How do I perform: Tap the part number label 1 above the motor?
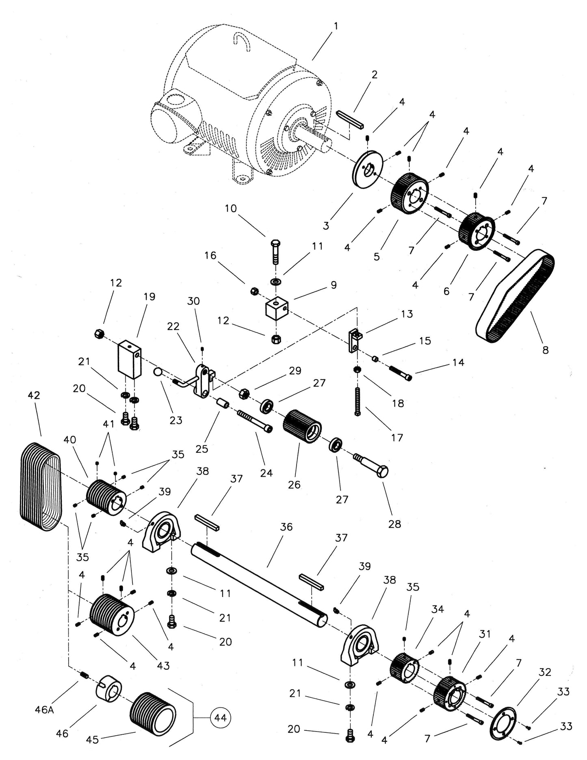[336, 26]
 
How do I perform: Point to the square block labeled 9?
[276, 310]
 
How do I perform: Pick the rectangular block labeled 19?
[130, 359]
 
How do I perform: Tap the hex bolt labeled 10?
[275, 252]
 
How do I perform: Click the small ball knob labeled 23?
[158, 371]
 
